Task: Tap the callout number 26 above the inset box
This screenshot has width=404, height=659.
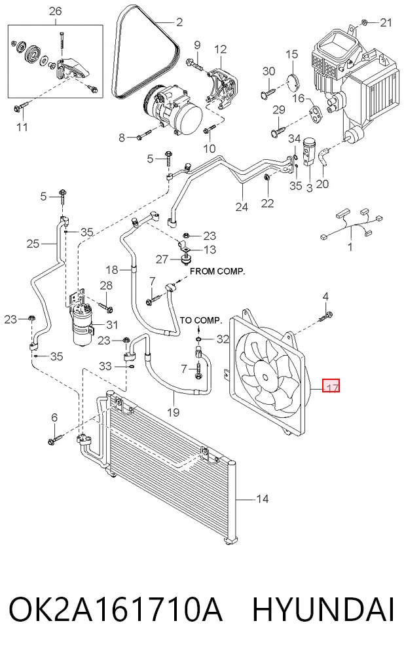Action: point(56,11)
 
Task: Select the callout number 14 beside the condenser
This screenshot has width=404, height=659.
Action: point(262,499)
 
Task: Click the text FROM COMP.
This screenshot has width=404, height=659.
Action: point(217,271)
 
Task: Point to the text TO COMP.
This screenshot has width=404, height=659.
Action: point(201,320)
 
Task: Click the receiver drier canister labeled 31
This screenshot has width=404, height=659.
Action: point(83,324)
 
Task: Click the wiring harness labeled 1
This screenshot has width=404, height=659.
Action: point(352,225)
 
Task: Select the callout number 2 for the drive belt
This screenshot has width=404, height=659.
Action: point(179,22)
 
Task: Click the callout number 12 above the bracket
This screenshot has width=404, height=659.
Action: point(220,49)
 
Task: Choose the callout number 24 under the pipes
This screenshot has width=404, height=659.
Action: point(242,207)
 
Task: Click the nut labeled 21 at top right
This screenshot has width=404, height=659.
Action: point(365,22)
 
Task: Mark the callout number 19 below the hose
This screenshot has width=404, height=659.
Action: point(173,412)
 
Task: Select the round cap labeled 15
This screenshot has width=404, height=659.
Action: point(292,81)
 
